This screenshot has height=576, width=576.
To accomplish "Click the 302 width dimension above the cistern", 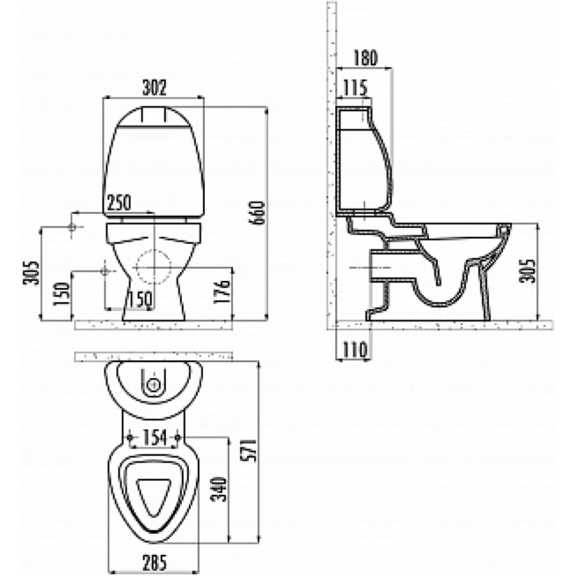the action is pyautogui.click(x=154, y=88).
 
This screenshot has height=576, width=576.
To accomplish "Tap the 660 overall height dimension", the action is pyautogui.click(x=257, y=213).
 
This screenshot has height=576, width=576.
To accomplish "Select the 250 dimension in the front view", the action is pyautogui.click(x=118, y=202).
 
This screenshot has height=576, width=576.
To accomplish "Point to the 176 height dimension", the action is pyautogui.click(x=221, y=292).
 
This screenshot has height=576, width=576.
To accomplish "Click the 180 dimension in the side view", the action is pyautogui.click(x=365, y=58).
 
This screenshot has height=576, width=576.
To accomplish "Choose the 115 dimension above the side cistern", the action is pyautogui.click(x=355, y=88).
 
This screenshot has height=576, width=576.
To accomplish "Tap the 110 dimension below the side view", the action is pyautogui.click(x=355, y=349).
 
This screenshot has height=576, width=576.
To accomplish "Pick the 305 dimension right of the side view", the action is pyautogui.click(x=527, y=271).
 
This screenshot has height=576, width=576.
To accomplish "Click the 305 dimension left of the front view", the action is pyautogui.click(x=31, y=273).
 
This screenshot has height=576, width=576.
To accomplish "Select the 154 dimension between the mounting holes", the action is pyautogui.click(x=155, y=438).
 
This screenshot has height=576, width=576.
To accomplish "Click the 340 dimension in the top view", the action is pyautogui.click(x=220, y=489).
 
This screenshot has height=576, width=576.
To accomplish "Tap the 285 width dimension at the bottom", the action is pyautogui.click(x=154, y=563).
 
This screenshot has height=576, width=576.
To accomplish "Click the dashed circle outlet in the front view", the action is pyautogui.click(x=154, y=267).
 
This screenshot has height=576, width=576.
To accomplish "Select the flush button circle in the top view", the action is pyautogui.click(x=154, y=385).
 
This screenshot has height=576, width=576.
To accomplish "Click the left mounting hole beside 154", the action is pyautogui.click(x=129, y=438).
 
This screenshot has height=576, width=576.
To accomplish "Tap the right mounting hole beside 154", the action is pyautogui.click(x=178, y=438).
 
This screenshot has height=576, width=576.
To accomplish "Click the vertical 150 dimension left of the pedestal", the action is pyautogui.click(x=61, y=294).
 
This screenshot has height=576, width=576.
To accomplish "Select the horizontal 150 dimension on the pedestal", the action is pyautogui.click(x=140, y=299).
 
